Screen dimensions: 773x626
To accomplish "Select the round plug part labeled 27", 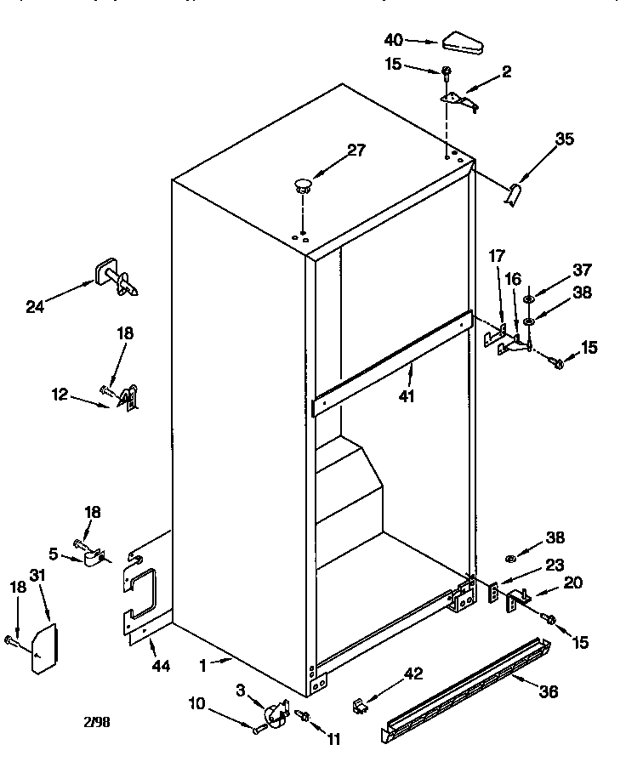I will [x=303, y=183].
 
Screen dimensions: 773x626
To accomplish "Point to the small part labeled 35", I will [x=513, y=196].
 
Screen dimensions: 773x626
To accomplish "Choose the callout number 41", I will [x=407, y=395].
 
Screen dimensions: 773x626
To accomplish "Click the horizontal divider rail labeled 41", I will [x=391, y=364].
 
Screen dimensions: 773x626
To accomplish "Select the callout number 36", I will [x=549, y=692].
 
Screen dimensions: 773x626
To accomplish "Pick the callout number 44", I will [x=161, y=666].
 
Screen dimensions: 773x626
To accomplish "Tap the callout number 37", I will [x=582, y=270].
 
